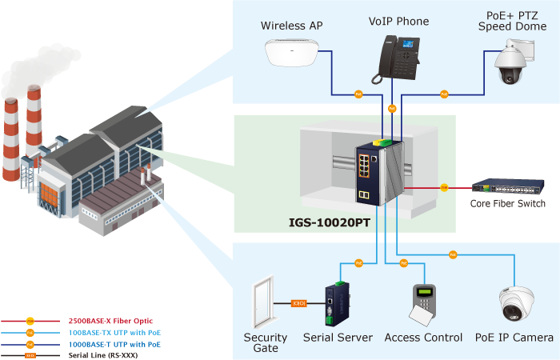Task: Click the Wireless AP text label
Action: (x=291, y=26)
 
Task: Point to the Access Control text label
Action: (x=423, y=338)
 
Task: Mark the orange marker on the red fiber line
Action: (x=443, y=187)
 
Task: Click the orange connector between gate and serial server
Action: (x=299, y=304)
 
